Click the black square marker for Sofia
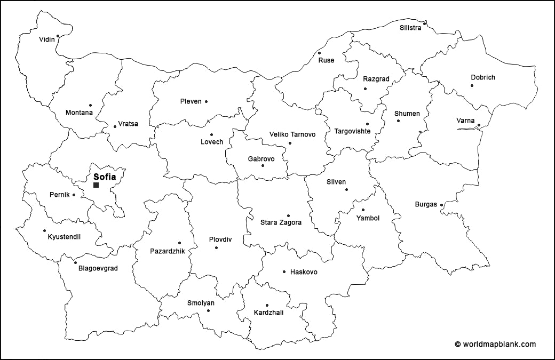click(x=96, y=185)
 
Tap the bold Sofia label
click(x=105, y=177)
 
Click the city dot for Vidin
click(x=58, y=36)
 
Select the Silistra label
click(x=410, y=28)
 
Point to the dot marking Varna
click(x=479, y=126)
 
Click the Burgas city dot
click(x=441, y=204)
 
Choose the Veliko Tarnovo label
click(x=292, y=134)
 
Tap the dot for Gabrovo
click(x=263, y=165)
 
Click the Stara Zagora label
click(x=281, y=222)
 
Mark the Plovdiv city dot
click(x=216, y=247)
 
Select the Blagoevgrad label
click(x=98, y=269)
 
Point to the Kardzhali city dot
click(x=267, y=306)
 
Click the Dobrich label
click(x=482, y=77)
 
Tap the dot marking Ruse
click(x=319, y=53)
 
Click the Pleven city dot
click(x=206, y=101)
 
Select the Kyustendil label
click(x=64, y=237)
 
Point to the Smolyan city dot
click(x=208, y=310)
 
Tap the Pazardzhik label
click(x=167, y=251)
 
